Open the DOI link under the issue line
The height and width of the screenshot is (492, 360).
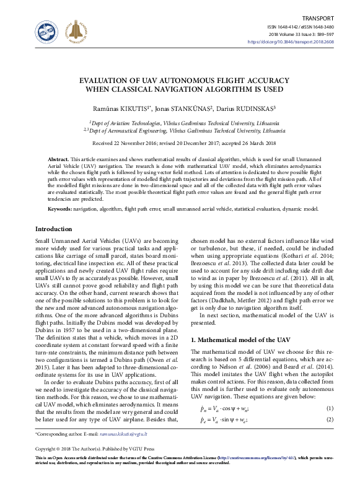tap(299, 42)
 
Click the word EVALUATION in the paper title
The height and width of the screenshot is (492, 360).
tap(108, 81)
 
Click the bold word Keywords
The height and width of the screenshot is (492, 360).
tap(59, 209)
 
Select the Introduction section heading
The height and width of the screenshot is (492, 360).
tap(54, 229)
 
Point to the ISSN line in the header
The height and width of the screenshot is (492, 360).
tap(300, 28)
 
